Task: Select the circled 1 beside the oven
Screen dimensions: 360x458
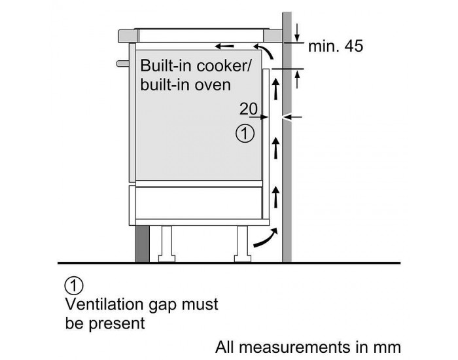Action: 243,134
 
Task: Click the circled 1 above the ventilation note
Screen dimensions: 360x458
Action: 75,285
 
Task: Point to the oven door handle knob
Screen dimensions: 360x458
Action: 121,63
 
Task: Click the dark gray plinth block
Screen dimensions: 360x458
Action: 143,243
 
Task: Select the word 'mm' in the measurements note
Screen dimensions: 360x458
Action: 388,346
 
